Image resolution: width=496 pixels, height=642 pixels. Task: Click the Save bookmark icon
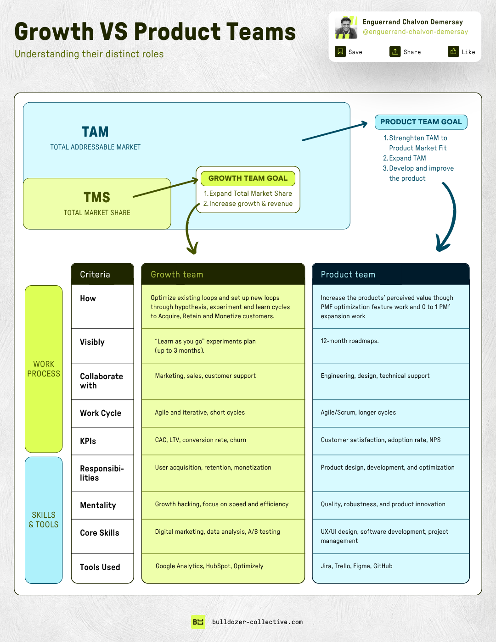(340, 51)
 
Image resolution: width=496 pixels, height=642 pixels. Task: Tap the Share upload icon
(395, 51)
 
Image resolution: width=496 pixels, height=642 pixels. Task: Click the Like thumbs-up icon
(453, 51)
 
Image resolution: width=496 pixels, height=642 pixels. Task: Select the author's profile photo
(346, 28)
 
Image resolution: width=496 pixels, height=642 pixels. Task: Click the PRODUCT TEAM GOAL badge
(421, 122)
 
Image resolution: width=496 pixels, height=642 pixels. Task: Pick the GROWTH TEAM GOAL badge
(248, 178)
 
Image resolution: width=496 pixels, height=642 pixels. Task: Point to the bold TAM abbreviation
(96, 132)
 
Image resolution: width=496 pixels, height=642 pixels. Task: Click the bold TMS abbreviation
(97, 198)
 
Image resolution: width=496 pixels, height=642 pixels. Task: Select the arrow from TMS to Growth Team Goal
(165, 188)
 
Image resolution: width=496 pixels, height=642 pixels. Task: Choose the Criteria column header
(102, 274)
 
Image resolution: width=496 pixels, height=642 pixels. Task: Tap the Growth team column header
(223, 274)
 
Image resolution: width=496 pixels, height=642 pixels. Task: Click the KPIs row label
(88, 441)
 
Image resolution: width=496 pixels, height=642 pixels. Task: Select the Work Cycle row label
(101, 413)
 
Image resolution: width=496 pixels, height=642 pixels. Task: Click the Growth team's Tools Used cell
(223, 566)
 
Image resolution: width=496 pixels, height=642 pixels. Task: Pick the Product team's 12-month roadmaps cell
(390, 346)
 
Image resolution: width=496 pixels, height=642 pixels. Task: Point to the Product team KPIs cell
(390, 440)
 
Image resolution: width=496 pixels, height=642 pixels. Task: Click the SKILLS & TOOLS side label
(44, 520)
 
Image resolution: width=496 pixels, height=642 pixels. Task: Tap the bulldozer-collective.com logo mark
(198, 622)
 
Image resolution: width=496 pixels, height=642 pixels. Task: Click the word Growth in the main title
(54, 32)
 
